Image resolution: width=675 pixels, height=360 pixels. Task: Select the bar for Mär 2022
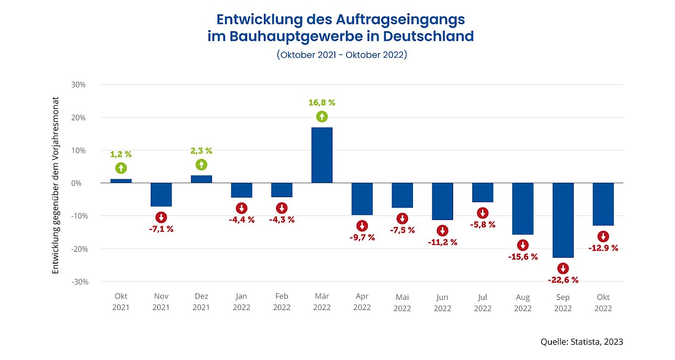(x=322, y=155)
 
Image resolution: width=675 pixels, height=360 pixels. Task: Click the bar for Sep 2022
(x=563, y=220)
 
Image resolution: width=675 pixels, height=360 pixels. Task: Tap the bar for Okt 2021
(x=121, y=181)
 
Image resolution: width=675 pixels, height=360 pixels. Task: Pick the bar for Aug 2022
(x=523, y=209)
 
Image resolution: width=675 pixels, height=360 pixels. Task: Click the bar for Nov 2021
(x=161, y=195)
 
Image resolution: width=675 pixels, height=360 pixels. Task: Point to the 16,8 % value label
(x=322, y=103)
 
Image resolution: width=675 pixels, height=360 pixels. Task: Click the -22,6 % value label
(x=563, y=280)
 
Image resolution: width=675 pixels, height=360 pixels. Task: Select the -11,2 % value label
(x=442, y=242)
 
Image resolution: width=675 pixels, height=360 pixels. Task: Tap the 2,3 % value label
(x=201, y=151)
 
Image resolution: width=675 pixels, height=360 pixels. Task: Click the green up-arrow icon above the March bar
(x=322, y=117)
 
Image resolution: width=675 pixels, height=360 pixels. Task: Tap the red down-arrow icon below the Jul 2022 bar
(x=482, y=213)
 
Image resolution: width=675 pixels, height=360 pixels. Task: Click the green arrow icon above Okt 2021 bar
(x=121, y=168)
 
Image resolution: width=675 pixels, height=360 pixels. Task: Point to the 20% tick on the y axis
(x=78, y=118)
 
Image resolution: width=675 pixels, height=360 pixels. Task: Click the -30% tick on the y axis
(x=77, y=282)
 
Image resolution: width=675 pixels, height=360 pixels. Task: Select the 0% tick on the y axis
(x=79, y=183)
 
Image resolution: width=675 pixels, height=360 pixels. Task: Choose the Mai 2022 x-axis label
(x=402, y=302)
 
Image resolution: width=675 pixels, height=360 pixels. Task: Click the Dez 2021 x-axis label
(x=201, y=302)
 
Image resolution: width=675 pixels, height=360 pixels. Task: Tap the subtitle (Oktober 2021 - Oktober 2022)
(x=341, y=55)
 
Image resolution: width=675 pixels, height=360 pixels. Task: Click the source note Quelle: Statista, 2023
(x=581, y=342)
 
